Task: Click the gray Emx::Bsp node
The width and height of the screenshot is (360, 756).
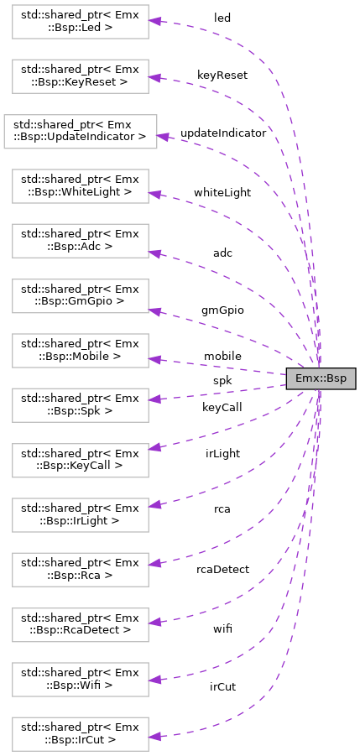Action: point(321,378)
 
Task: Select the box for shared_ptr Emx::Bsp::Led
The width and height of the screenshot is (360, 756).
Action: point(80,21)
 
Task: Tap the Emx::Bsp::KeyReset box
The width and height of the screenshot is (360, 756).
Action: point(80,76)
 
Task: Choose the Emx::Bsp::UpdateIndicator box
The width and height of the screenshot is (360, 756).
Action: point(80,131)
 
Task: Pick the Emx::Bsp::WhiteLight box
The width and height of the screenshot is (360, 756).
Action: point(80,185)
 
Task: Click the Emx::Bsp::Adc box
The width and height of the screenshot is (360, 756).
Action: point(80,240)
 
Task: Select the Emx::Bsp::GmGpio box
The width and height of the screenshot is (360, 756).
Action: point(80,295)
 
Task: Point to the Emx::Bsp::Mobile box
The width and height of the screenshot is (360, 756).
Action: point(80,350)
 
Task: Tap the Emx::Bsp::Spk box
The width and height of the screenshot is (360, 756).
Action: point(80,405)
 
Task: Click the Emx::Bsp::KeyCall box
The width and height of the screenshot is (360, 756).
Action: point(80,460)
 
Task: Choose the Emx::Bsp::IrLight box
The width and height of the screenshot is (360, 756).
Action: point(80,514)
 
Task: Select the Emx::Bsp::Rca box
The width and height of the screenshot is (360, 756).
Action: point(80,570)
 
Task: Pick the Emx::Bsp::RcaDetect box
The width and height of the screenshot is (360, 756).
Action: point(80,624)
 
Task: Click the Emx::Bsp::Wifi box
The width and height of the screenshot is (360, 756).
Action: point(80,680)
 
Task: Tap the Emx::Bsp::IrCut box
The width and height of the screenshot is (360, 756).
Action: point(80,734)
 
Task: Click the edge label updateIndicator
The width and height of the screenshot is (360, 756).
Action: point(222,133)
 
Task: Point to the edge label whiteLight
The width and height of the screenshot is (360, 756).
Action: point(222,192)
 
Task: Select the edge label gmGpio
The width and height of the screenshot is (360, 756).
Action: point(222,310)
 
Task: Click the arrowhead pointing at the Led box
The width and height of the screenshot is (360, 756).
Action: point(154,22)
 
